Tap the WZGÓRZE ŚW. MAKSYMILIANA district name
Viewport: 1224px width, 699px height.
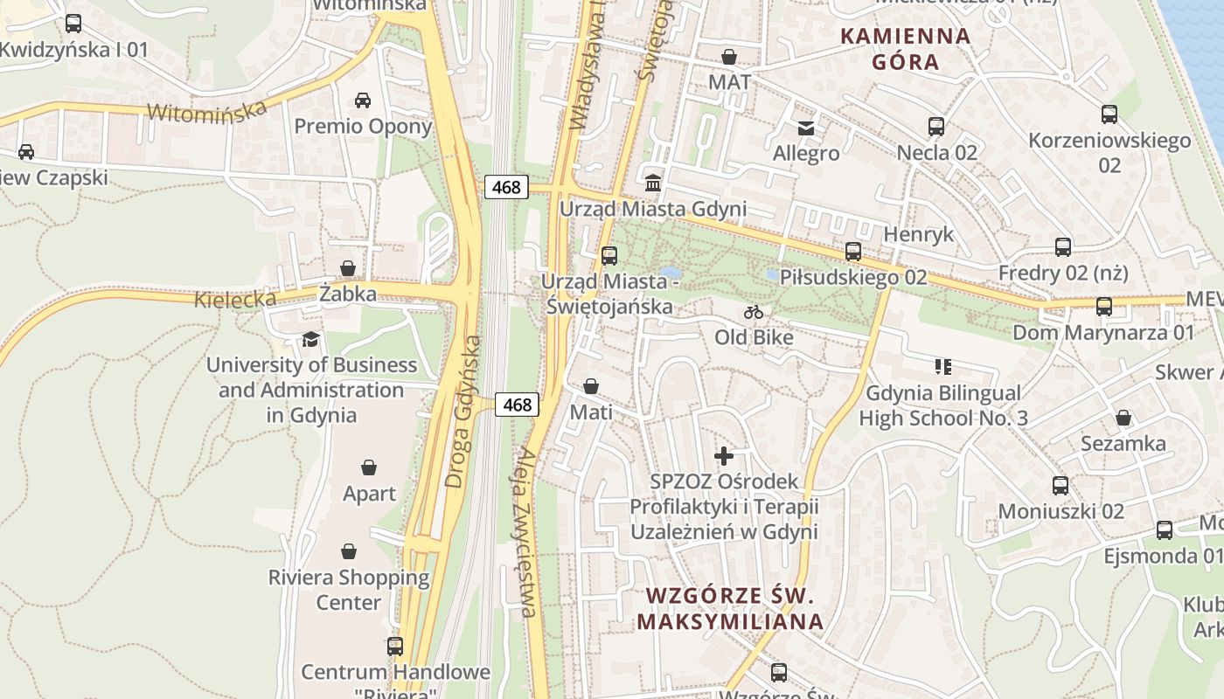[x=730, y=608]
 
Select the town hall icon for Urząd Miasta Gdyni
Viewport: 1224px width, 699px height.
[x=653, y=183]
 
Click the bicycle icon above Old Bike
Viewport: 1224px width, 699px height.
[x=754, y=312]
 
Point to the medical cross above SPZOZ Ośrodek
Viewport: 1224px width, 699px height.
[x=724, y=456]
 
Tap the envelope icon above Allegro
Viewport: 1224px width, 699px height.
[x=805, y=128]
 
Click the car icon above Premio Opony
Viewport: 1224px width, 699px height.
[x=363, y=100]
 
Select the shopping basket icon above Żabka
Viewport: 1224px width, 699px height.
[x=348, y=268]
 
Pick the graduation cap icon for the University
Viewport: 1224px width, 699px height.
[x=310, y=339]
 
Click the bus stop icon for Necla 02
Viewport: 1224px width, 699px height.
[x=936, y=127]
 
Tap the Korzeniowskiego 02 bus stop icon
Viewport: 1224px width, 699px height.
[x=1109, y=114]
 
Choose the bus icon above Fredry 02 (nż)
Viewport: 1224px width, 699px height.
[x=1063, y=247]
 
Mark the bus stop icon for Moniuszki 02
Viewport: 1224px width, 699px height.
[x=1061, y=486]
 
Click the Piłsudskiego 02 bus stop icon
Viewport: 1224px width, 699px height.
[x=853, y=253]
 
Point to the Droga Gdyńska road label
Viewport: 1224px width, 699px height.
[x=463, y=411]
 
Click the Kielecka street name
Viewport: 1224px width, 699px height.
[x=235, y=300]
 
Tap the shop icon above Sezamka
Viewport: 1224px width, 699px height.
[x=1123, y=418]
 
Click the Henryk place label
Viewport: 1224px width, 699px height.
[x=918, y=234]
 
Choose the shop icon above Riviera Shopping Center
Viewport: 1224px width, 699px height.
[x=348, y=551]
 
